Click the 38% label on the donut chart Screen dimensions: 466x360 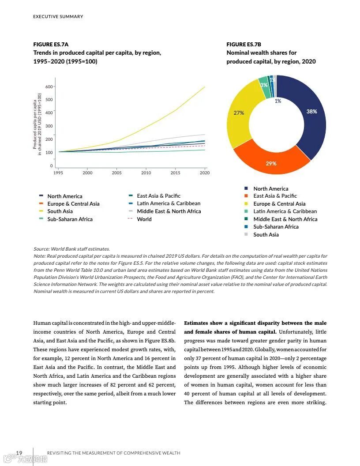(311, 112)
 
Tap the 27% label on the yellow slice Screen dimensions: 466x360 (239, 113)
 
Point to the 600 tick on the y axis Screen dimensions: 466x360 (49, 86)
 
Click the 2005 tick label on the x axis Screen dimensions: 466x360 (116, 173)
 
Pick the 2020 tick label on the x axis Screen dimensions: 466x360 (204, 173)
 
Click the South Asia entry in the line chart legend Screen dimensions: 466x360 (60, 211)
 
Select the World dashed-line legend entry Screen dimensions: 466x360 (144, 219)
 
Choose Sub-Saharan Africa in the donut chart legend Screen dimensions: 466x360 (276, 227)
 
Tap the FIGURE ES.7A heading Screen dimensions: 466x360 (51, 45)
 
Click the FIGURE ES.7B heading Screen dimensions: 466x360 (244, 45)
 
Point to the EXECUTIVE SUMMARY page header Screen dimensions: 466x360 (58, 17)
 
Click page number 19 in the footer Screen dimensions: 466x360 (19, 453)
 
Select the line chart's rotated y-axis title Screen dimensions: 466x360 (37, 124)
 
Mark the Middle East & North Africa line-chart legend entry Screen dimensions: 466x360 (169, 211)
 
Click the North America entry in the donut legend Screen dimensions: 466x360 (270, 189)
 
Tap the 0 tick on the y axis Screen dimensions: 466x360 (51, 166)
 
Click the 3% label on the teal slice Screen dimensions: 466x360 (264, 85)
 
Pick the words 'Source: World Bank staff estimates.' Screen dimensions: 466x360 (71, 249)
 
